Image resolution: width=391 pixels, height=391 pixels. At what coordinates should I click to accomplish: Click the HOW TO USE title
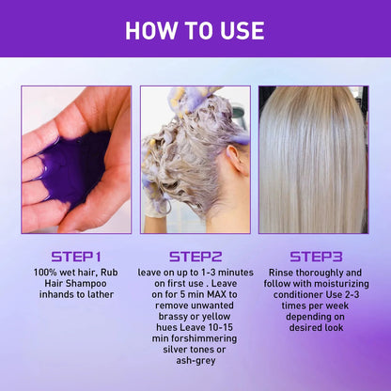195,30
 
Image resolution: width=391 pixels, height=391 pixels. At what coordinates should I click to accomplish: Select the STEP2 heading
195,256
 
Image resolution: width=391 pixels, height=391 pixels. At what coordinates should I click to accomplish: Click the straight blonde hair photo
313,160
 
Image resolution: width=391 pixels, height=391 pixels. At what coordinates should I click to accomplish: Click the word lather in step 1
100,295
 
